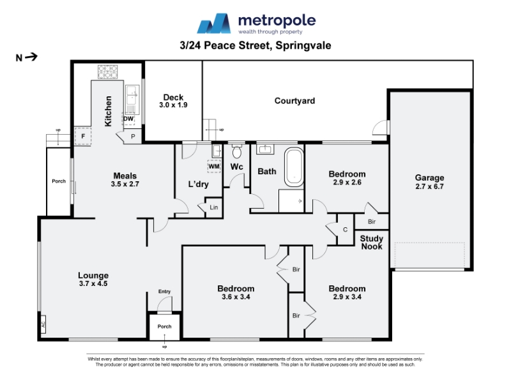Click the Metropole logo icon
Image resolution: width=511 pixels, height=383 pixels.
214,24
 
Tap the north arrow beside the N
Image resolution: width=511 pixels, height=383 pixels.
31,57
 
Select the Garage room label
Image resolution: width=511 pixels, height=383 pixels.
429,178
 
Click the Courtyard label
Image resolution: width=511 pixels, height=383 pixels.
294,101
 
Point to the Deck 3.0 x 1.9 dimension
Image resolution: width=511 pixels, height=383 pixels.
173,105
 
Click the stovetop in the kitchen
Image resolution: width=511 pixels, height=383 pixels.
107,72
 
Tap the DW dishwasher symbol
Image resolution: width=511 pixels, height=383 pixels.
128,119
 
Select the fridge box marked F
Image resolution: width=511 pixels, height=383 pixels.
83,137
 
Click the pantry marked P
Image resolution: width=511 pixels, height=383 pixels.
133,137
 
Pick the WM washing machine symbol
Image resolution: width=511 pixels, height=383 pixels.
214,167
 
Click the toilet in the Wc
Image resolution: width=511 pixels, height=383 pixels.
236,151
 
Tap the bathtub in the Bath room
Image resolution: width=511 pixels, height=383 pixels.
294,167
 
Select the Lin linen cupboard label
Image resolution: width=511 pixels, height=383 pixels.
214,207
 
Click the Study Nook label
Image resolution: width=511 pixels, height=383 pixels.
372,243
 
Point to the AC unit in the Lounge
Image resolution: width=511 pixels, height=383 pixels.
43,324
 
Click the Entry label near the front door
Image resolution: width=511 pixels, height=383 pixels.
165,292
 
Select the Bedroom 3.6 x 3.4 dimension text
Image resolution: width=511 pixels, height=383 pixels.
236,297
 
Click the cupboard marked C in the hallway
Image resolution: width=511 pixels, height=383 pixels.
345,230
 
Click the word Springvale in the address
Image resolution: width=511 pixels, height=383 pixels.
303,45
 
